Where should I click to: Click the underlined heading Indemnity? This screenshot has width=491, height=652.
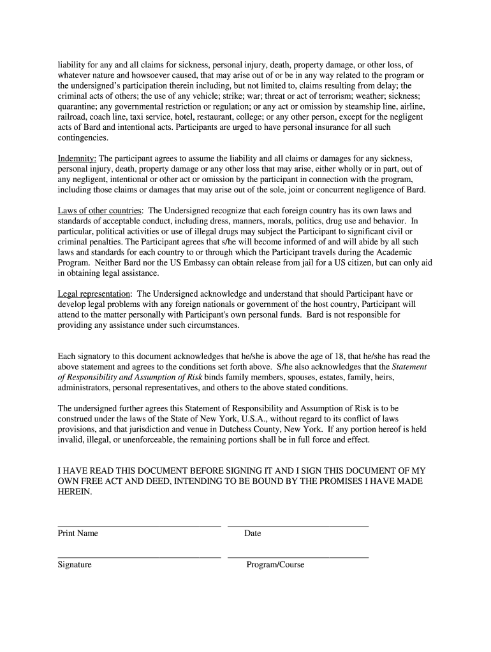[77, 159]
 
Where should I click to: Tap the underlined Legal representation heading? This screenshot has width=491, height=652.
[94, 294]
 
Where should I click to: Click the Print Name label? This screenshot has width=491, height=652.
[78, 534]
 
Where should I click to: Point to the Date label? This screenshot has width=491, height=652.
[253, 534]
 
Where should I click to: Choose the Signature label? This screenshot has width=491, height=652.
[75, 565]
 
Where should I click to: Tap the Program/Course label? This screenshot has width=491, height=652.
[275, 565]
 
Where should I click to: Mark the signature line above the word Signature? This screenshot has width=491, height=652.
[139, 558]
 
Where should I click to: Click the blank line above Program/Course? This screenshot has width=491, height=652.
[298, 558]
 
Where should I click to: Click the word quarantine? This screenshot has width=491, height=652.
[78, 106]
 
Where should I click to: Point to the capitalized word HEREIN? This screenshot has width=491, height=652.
[75, 492]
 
